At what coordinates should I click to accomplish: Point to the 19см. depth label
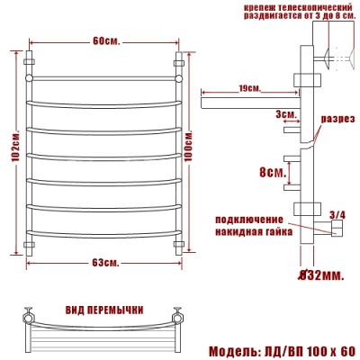click(x=251, y=87)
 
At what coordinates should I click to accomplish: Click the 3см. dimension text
click(x=262, y=115)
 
